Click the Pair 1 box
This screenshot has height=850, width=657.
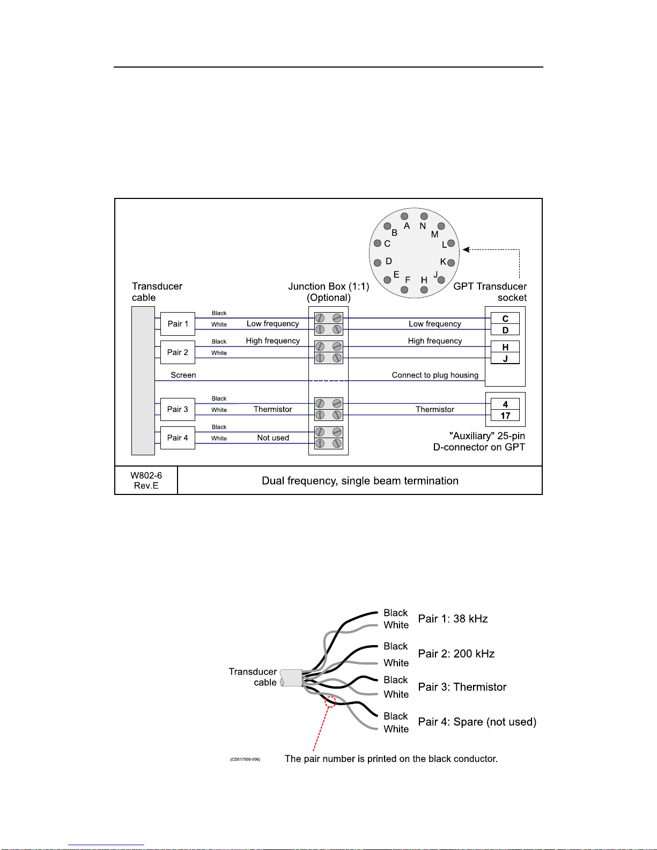(178, 324)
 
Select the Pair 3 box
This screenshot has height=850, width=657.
(178, 409)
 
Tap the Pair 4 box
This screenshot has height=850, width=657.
(178, 438)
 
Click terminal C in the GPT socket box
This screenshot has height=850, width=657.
(505, 319)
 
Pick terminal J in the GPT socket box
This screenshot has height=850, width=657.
(505, 358)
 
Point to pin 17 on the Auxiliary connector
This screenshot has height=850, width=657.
(505, 416)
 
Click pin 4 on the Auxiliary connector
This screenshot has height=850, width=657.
(505, 404)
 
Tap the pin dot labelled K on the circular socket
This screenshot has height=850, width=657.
(451, 263)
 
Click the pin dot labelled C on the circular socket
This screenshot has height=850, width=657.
(378, 243)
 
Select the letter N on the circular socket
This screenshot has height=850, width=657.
(423, 226)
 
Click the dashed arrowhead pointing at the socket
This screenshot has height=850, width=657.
(466, 249)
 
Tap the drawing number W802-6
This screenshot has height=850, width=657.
(146, 475)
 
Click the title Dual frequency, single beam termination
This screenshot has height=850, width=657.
(360, 481)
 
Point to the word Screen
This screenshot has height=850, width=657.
(183, 375)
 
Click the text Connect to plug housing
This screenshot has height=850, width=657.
(435, 375)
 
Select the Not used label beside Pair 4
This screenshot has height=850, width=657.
(273, 438)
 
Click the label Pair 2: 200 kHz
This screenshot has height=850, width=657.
(456, 653)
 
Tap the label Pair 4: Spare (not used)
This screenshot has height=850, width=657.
(477, 721)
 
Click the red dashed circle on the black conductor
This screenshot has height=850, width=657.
(331, 701)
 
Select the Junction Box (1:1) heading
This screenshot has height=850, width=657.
(329, 286)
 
